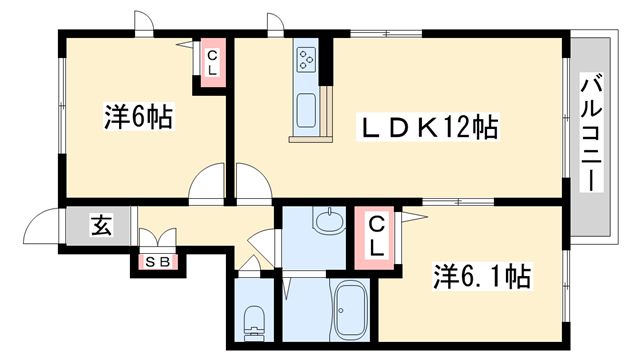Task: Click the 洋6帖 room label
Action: coord(138,118)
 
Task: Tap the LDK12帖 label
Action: coord(430,128)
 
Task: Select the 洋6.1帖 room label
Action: coord(481,272)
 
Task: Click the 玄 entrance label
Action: coord(101,226)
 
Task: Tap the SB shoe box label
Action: coord(157,263)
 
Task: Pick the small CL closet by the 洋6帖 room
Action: coord(213,62)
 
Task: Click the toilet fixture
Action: coord(254,319)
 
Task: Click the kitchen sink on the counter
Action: coord(306,109)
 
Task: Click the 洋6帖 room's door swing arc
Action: coord(208,183)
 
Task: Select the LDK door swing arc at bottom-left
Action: coord(252,183)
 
